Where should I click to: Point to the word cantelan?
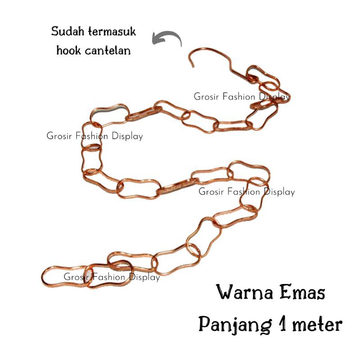point(109,50)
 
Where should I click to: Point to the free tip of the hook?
point(194,67)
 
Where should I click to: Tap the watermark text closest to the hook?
point(242,97)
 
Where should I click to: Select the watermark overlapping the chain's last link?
point(112,277)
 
